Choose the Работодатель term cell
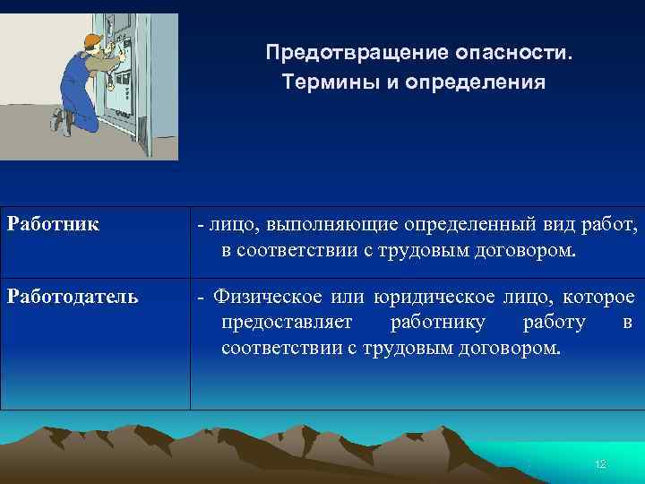(x=73, y=297)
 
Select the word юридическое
(x=434, y=297)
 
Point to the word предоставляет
(x=287, y=322)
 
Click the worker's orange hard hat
(x=91, y=40)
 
